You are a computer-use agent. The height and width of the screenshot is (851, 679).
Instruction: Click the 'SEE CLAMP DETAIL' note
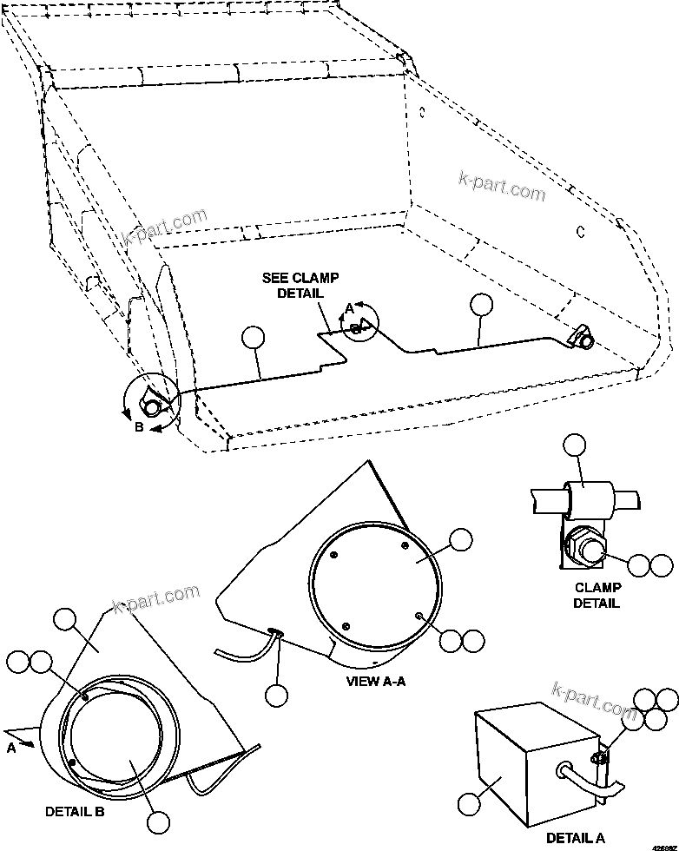300,286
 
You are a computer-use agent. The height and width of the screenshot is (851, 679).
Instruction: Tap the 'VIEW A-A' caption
375,682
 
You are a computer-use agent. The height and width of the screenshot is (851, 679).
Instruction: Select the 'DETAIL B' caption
75,812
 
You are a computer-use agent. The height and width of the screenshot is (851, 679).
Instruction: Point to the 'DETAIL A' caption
576,838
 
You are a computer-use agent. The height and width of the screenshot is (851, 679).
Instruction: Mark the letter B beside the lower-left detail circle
139,426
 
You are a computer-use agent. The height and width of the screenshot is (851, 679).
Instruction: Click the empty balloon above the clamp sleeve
574,446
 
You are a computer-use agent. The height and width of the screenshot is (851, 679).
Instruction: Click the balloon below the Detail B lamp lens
157,822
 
